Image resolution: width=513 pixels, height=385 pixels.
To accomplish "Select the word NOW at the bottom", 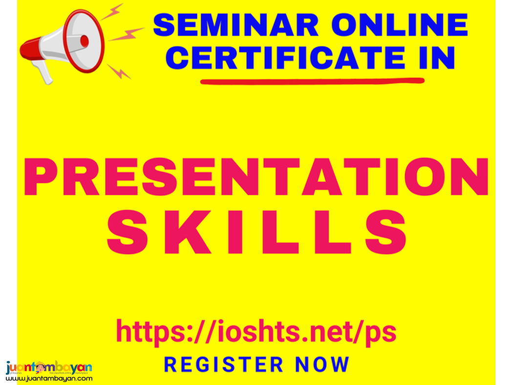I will pyautogui.click(x=322, y=364).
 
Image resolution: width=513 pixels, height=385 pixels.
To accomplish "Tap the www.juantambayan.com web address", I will pyautogui.click(x=49, y=379).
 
